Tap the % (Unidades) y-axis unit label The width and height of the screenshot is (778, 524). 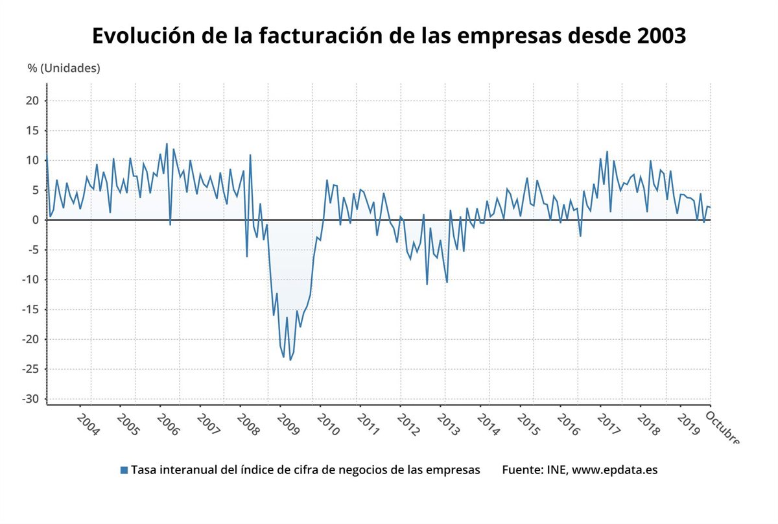tap(64, 67)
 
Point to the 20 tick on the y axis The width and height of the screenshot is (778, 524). tap(33, 101)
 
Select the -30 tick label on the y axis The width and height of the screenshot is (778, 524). tap(31, 399)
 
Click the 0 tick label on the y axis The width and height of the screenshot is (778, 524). tap(36, 220)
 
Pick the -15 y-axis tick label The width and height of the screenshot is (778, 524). tap(31, 309)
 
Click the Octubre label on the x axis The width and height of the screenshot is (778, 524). tap(722, 427)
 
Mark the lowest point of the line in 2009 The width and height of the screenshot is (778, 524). tap(290, 360)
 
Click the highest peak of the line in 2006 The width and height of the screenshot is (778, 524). tap(167, 144)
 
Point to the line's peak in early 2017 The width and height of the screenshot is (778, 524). tap(607, 152)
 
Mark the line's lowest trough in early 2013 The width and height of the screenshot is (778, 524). tap(447, 282)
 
